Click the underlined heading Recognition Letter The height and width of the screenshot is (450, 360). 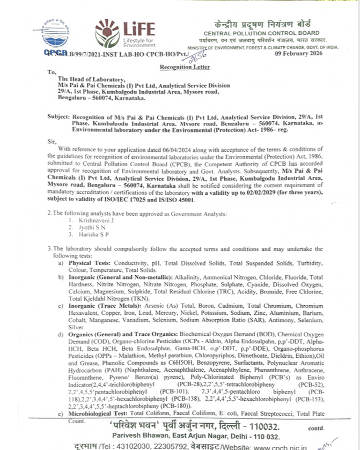coord(185,67)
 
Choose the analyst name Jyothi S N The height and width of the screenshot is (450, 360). coord(87,227)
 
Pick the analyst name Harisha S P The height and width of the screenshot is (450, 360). coord(90,234)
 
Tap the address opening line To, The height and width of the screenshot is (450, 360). coord(52,72)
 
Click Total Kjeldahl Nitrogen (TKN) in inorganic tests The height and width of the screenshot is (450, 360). coord(103,298)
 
